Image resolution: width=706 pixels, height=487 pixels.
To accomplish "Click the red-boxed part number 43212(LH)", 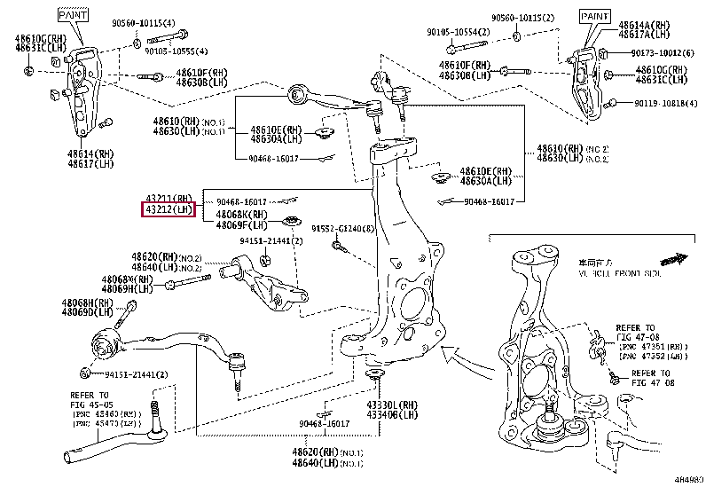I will click(x=169, y=210).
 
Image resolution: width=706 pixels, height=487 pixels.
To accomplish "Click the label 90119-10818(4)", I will click(x=664, y=103).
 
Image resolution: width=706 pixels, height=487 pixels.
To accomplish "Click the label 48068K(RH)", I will click(x=241, y=215).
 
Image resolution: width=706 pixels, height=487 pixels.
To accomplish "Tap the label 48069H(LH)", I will click(x=126, y=289).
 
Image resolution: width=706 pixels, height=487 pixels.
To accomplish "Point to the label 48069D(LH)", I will click(x=87, y=312).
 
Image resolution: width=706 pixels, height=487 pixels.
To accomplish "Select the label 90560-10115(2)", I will click(x=523, y=17).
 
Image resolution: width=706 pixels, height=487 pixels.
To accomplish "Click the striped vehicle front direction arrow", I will click(x=675, y=259).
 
